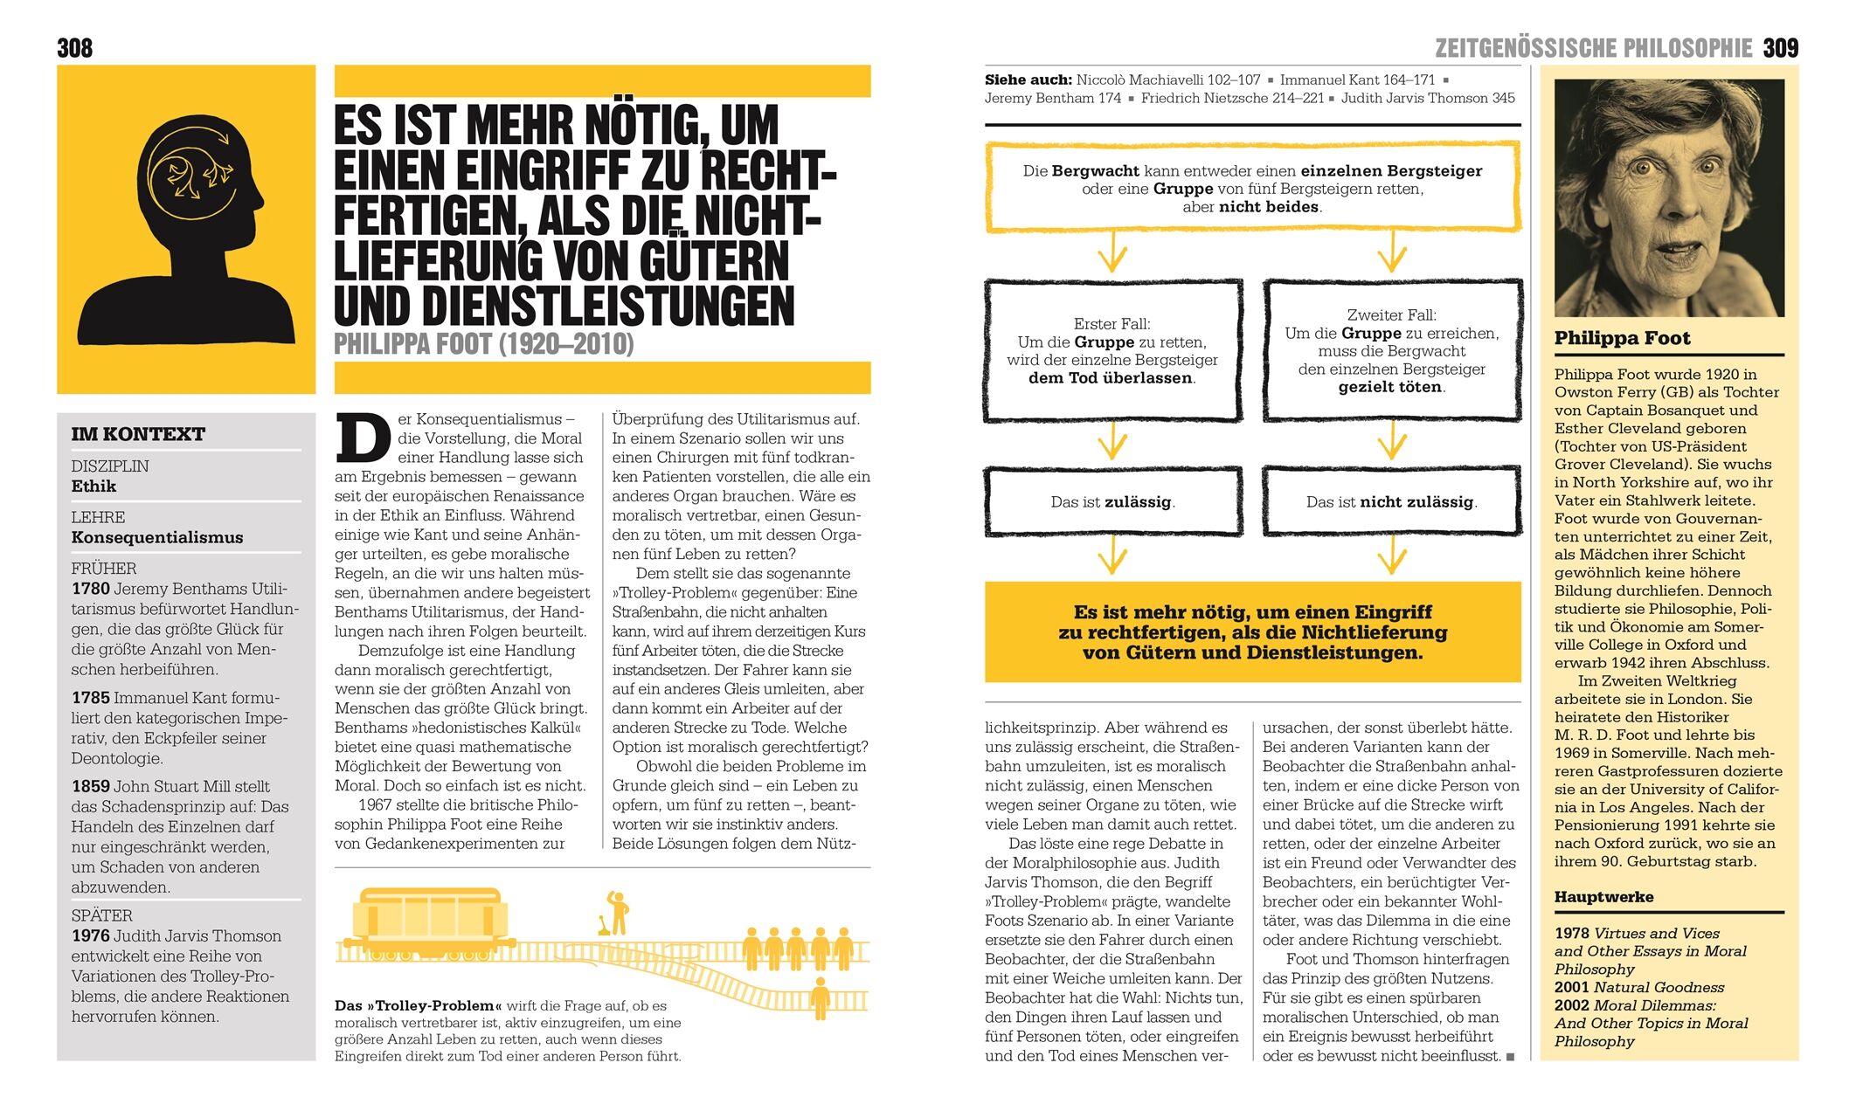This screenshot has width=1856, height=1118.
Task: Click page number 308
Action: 75,48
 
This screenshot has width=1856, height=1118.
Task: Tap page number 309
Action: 1780,48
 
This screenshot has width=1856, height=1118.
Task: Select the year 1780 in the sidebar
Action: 91,589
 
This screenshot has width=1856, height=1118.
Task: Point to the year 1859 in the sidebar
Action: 91,786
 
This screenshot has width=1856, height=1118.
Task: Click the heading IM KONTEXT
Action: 138,434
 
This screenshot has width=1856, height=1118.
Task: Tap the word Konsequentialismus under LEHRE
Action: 157,537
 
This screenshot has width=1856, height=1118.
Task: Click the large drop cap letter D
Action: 363,438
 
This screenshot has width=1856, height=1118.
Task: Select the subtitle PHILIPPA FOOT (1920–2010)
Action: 483,344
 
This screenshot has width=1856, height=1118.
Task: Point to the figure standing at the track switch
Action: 619,913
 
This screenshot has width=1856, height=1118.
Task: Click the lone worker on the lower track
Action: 820,998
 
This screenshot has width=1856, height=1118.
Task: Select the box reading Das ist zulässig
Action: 1112,501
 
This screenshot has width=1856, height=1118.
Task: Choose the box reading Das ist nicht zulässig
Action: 1391,501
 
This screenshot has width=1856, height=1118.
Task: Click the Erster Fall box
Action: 1112,350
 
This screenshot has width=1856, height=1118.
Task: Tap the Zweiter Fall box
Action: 1391,350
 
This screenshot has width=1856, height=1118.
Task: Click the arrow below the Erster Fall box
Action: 1112,442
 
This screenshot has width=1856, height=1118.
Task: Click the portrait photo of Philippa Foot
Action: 1668,197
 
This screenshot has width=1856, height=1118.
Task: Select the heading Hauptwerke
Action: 1603,897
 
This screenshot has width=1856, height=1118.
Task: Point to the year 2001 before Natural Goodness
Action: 1571,988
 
